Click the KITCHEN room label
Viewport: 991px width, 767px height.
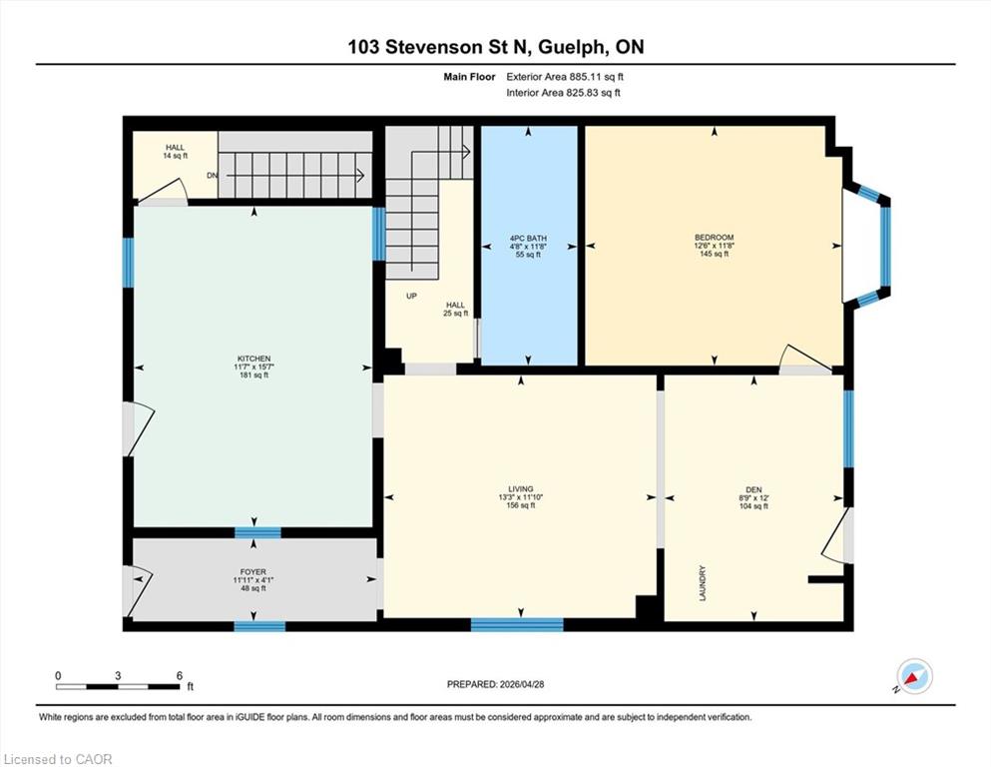pos(253,359)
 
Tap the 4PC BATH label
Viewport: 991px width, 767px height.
pos(528,239)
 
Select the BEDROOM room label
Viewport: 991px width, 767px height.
pos(715,238)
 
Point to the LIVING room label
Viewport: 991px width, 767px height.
pos(521,488)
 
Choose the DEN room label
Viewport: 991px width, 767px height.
pos(753,489)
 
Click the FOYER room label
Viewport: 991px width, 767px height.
pos(252,571)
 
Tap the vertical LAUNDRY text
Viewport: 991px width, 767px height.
pos(703,583)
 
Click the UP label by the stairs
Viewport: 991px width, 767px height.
pos(411,296)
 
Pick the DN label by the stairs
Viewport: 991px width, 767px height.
pos(212,175)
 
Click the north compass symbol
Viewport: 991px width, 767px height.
pos(912,678)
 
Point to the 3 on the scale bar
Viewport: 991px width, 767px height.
pos(118,675)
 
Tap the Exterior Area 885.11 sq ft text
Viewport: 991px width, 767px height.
pos(565,77)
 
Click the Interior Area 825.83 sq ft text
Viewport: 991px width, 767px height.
pos(563,93)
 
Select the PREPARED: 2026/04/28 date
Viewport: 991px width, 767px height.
pos(495,684)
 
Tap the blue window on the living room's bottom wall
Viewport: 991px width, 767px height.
pos(517,624)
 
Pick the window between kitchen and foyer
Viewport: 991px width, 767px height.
pos(257,532)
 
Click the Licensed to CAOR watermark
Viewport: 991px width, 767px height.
pos(57,759)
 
